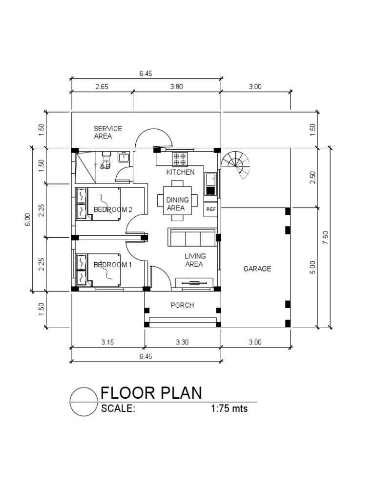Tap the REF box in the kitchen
[x=211, y=209]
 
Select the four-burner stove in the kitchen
[x=179, y=159]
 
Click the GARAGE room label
[x=257, y=269]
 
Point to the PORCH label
[x=182, y=305]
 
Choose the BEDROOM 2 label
[x=113, y=209]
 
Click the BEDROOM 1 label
[x=113, y=265]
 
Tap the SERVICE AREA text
[x=108, y=132]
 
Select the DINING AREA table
[x=177, y=200]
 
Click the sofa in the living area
[x=192, y=238]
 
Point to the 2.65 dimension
[x=102, y=87]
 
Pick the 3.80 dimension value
[x=176, y=87]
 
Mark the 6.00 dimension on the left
[x=28, y=219]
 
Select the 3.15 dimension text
[x=107, y=342]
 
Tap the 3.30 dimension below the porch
[x=182, y=342]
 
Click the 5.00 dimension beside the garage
[x=313, y=267]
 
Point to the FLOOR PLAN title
[x=150, y=393]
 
